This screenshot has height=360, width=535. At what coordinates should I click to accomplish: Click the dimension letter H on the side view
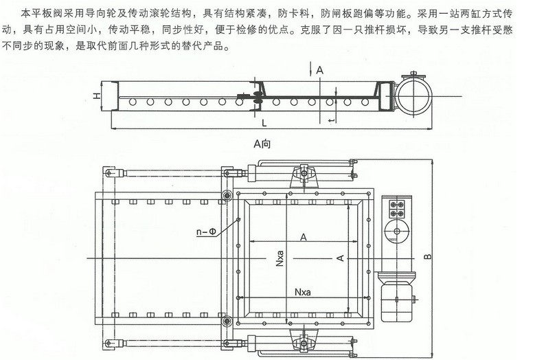(x=98, y=98)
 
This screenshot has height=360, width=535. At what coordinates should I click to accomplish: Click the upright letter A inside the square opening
(x=303, y=236)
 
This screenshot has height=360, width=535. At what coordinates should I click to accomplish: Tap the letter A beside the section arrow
(x=320, y=69)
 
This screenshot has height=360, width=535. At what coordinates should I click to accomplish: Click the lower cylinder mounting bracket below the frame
(x=303, y=340)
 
